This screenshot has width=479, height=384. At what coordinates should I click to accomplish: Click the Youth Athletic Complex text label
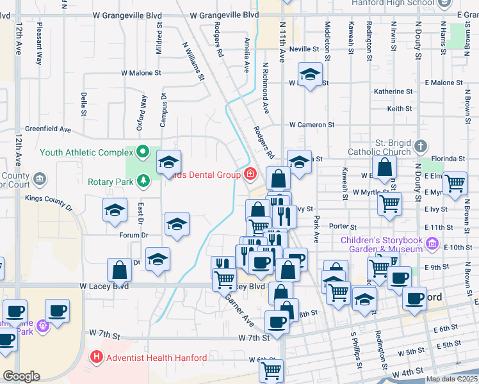[x=86, y=152]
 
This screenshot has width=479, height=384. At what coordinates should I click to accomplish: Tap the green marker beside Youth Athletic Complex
[x=143, y=152]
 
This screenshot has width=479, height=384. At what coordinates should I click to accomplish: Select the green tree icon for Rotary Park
[x=143, y=182]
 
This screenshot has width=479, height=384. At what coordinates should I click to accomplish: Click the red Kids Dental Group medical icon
[x=249, y=174]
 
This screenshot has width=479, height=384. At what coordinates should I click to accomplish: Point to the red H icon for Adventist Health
[x=97, y=357]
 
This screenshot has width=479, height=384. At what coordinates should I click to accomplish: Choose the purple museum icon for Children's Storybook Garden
[x=433, y=244]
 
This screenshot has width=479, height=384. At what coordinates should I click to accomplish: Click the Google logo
[x=21, y=376]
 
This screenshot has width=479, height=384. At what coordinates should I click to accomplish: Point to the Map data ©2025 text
[x=451, y=379]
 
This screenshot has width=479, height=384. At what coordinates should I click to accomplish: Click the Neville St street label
[x=304, y=49]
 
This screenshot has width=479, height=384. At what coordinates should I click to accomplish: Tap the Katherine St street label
[x=393, y=92]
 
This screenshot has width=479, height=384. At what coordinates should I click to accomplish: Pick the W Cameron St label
[x=311, y=125]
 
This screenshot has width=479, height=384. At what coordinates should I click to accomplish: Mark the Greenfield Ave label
[x=47, y=129]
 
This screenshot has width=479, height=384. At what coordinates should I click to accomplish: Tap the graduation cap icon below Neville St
[x=310, y=74]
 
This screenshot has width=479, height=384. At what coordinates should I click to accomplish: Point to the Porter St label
[x=342, y=227]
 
